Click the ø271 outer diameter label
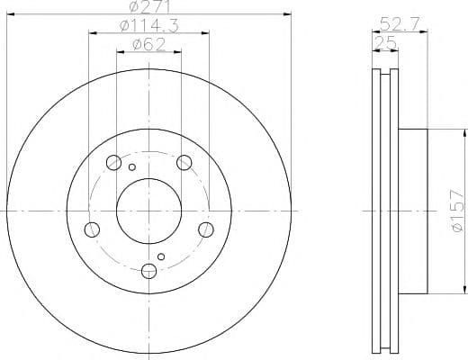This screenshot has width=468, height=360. (x=148, y=7)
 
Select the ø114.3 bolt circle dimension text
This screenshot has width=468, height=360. (x=148, y=26)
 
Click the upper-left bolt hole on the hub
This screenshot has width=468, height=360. (x=113, y=163)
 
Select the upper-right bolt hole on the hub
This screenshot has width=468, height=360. (x=184, y=163)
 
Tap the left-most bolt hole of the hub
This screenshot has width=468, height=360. (x=91, y=229)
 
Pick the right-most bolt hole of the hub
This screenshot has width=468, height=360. (x=206, y=229)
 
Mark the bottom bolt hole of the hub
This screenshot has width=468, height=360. (x=148, y=270)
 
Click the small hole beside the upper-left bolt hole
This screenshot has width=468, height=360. (x=131, y=167)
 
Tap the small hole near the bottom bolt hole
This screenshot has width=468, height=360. (x=161, y=257)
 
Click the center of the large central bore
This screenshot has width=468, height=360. (x=148, y=211)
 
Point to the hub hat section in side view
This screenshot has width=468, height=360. (x=415, y=211)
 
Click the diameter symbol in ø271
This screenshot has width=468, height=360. (x=133, y=7)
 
